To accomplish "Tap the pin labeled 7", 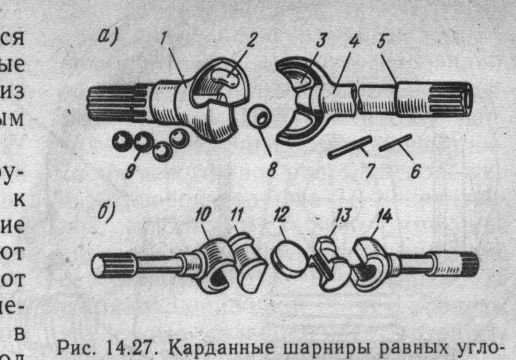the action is pyautogui.click(x=349, y=148).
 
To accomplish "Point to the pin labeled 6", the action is pyautogui.click(x=396, y=142).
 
